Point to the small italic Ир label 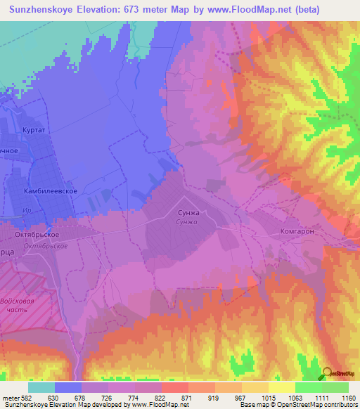[x=44, y=210]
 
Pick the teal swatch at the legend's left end [x=41, y=387]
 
